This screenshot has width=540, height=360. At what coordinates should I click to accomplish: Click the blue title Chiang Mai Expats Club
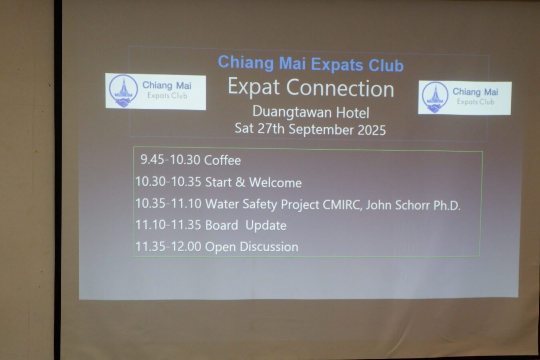coord(310,64)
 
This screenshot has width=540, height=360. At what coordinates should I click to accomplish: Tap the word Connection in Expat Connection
coord(340,88)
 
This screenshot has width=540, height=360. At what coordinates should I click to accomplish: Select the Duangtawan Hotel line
coord(311,112)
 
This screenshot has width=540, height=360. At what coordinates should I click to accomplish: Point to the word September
coord(322,130)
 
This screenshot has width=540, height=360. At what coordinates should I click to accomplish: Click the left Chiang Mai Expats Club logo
coord(156,92)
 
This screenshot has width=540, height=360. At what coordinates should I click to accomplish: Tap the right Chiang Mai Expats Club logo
coord(464,98)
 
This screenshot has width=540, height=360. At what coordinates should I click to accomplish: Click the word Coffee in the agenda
coord(222,160)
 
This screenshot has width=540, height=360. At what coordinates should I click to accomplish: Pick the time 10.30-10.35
coord(168,182)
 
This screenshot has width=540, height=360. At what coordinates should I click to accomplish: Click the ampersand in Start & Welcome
coord(240,182)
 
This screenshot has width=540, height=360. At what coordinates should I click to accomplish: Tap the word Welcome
coord(275,182)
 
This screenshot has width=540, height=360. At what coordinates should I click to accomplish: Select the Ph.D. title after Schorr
coord(447,206)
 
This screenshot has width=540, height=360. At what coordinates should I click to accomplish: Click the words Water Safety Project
coord(262,204)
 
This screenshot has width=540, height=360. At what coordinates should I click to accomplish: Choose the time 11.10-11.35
coord(168,225)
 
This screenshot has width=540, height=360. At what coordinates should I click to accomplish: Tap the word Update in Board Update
coord(266,226)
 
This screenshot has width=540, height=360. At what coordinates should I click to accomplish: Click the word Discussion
coord(269,247)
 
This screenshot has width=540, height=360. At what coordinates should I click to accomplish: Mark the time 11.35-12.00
coord(168,246)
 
